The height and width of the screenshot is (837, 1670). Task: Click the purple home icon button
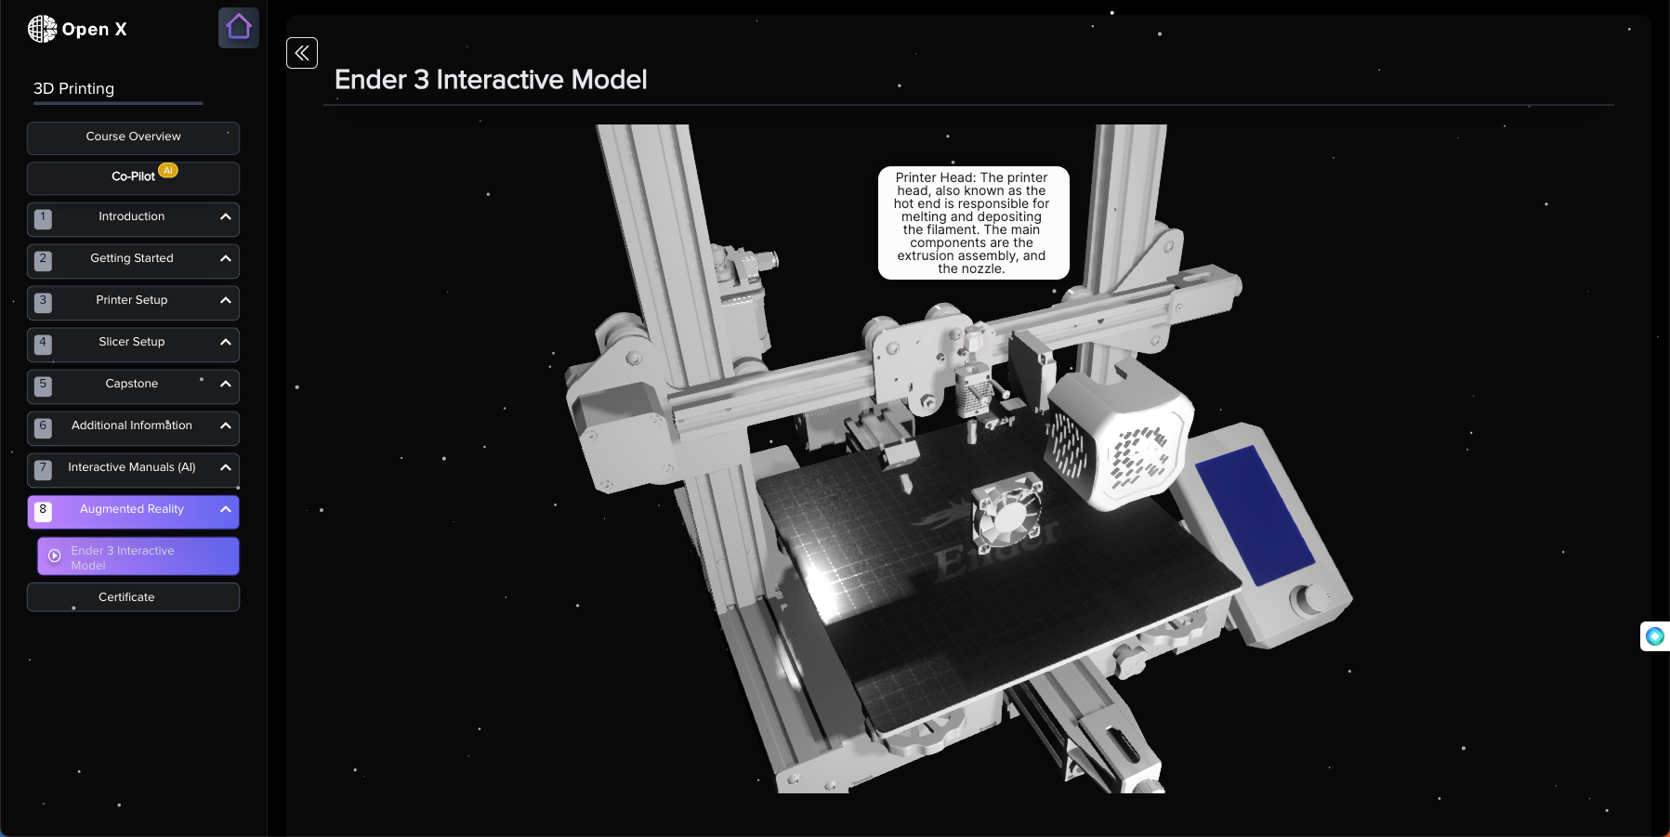pos(239,28)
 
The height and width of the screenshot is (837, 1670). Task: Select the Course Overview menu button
pos(133,137)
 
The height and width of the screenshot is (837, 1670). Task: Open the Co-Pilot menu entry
pos(133,177)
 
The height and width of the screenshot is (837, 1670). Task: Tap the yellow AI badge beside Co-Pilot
pos(168,171)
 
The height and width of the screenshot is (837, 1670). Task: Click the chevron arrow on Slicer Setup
pos(225,342)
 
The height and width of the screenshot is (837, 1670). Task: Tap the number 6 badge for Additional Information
pos(43,427)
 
